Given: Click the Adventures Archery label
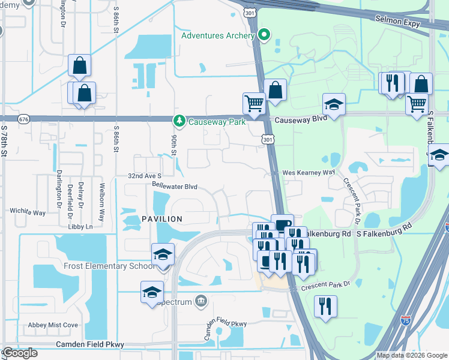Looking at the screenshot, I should pyautogui.click(x=218, y=35).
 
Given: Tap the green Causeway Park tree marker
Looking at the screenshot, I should pyautogui.click(x=179, y=121).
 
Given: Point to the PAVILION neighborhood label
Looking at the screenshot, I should pyautogui.click(x=161, y=219).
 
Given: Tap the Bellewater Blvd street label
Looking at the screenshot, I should pyautogui.click(x=175, y=187).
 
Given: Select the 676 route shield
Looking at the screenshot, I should pyautogui.click(x=23, y=119).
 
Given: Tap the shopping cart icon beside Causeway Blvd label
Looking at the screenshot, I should pyautogui.click(x=254, y=103).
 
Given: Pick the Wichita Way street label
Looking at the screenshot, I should pyautogui.click(x=28, y=212).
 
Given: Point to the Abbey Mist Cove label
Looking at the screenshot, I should pyautogui.click(x=53, y=325).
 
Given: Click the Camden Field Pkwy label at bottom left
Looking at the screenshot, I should pyautogui.click(x=89, y=344).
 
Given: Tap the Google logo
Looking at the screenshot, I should pyautogui.click(x=20, y=353).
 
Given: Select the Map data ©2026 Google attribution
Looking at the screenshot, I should pyautogui.click(x=411, y=355).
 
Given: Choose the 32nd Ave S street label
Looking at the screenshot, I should pyautogui.click(x=145, y=175).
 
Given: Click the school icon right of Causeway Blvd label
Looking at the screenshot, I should pyautogui.click(x=334, y=104).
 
